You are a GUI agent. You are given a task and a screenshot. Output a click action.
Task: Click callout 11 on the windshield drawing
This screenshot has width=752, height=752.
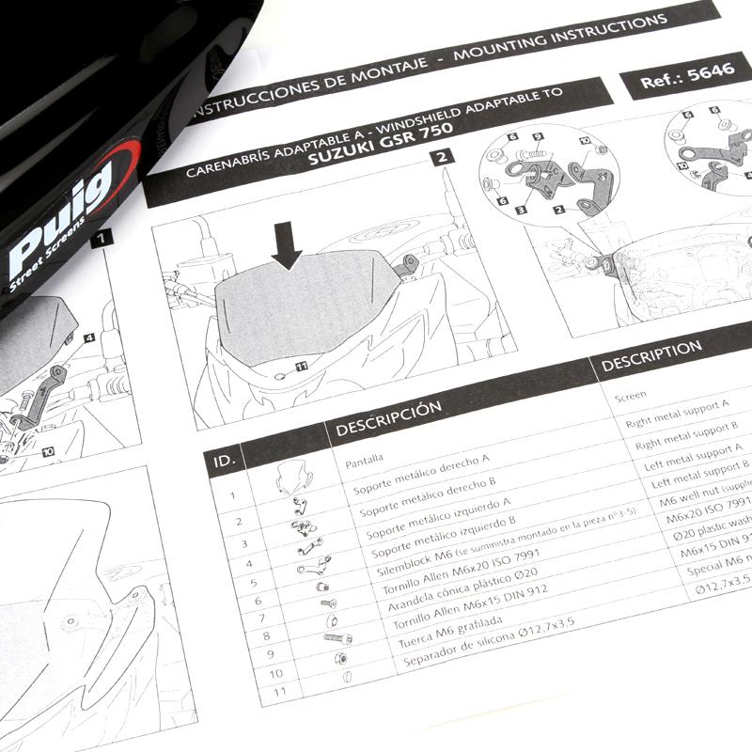[x=302, y=365]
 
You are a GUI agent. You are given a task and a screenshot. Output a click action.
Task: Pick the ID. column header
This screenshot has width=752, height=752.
[x=226, y=460]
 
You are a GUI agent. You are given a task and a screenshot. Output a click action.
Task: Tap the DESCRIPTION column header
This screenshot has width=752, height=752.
[x=650, y=353]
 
